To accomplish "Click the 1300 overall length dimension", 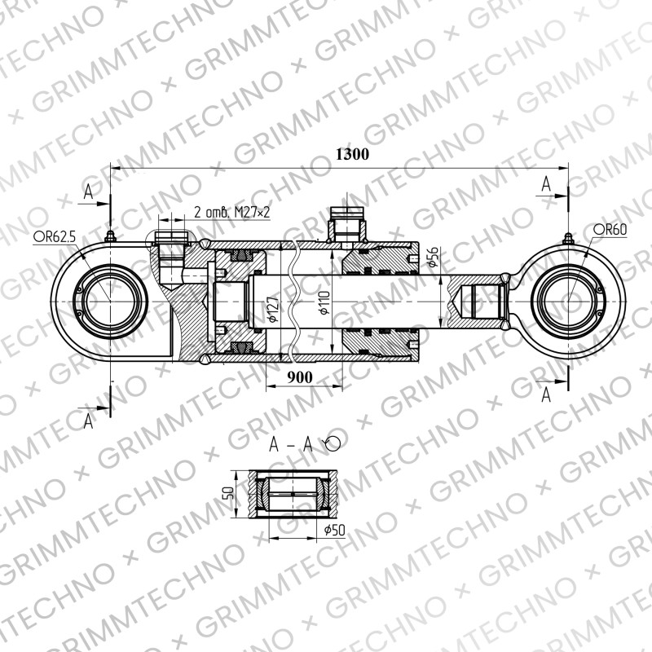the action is pyautogui.click(x=352, y=154).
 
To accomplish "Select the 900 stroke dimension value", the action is pyautogui.click(x=299, y=377).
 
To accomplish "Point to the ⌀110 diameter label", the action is pyautogui.click(x=324, y=302).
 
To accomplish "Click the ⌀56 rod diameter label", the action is pyautogui.click(x=434, y=257).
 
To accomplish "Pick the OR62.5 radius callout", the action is pyautogui.click(x=55, y=237).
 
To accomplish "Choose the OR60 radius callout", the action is pyautogui.click(x=610, y=229).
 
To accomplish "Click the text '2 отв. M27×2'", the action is pyautogui.click(x=232, y=212).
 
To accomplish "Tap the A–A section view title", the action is pyautogui.click(x=291, y=444).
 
